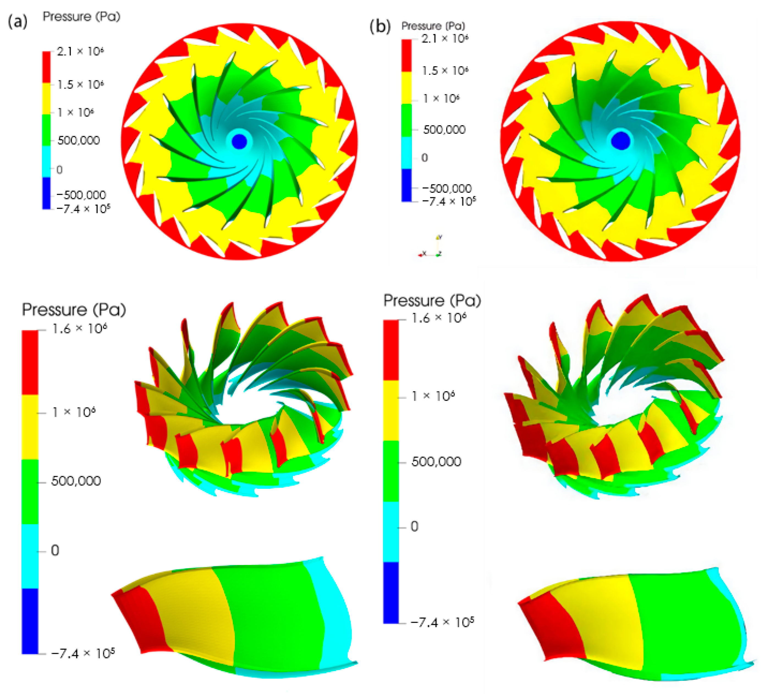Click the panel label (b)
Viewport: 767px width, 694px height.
tap(380, 27)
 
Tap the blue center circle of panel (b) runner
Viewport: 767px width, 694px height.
tap(620, 140)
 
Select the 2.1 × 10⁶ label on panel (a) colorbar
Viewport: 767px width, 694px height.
tap(80, 51)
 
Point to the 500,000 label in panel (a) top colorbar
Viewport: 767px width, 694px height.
tap(78, 140)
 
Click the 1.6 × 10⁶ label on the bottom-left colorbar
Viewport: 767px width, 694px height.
tap(79, 328)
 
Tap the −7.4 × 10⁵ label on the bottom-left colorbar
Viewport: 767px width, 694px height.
tap(83, 654)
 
